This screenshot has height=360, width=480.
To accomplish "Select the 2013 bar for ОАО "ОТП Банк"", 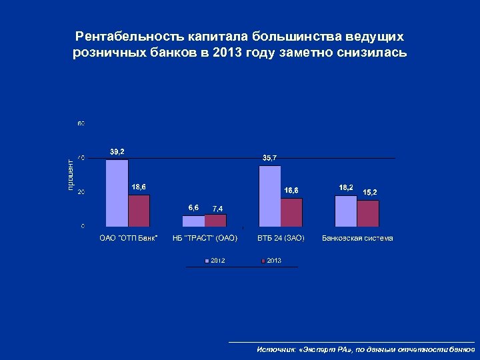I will (x=139, y=210).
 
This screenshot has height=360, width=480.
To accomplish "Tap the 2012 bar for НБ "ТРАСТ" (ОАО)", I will (x=193, y=221).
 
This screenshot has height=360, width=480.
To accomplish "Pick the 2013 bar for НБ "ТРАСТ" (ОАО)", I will (x=215, y=220).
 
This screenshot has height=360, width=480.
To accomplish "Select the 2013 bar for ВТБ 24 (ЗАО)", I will (x=291, y=212).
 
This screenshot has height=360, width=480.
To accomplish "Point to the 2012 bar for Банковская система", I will (x=345, y=211).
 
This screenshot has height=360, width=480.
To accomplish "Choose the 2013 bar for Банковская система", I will (x=367, y=213).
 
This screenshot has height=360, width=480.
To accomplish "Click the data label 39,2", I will (x=117, y=152).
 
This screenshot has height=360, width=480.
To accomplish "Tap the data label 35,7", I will (x=270, y=157).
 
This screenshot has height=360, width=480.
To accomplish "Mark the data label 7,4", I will (x=217, y=209).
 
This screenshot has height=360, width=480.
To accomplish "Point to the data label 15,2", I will (x=370, y=193).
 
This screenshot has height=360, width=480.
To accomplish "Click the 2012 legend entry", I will (x=214, y=260).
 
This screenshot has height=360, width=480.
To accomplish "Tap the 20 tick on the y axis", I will (x=81, y=192).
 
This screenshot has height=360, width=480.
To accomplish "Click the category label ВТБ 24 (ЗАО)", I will (x=281, y=238).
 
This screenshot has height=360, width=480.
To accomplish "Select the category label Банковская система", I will (x=357, y=238).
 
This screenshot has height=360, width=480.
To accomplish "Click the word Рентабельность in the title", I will (x=121, y=35).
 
